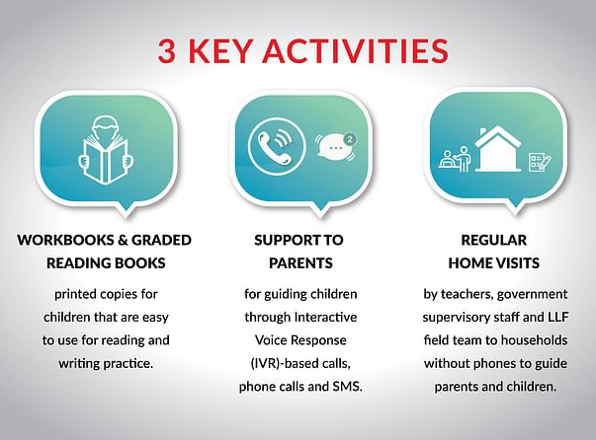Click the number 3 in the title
(x=167, y=50)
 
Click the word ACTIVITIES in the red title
(x=356, y=50)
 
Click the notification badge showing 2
(x=350, y=139)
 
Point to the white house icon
(x=497, y=149)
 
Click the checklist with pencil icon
(x=540, y=162)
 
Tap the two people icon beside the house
(x=456, y=159)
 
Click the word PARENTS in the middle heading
(x=300, y=263)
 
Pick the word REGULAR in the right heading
(x=494, y=240)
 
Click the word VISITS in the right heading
(x=517, y=263)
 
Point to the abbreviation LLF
(x=558, y=317)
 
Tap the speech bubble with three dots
(x=334, y=147)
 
